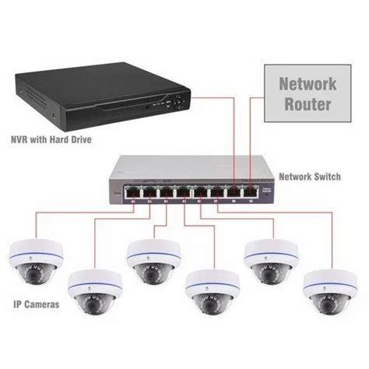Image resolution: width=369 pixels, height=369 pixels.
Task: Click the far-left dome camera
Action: tap(35, 262)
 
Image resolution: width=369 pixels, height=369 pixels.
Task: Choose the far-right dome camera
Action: tap(328, 292)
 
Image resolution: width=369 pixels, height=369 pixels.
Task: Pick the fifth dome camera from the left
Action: tap(269, 262)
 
